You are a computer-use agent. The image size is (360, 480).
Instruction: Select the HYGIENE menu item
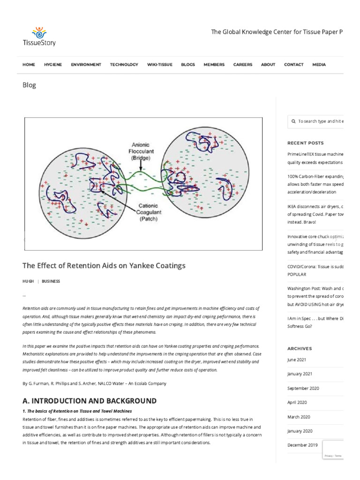tap(52, 65)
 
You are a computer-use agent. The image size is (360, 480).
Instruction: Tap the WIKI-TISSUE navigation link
tap(159, 65)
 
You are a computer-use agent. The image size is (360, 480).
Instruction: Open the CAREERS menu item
tap(242, 65)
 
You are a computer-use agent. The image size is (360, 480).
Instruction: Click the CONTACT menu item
tap(293, 65)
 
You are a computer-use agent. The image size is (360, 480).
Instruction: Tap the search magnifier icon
tap(293, 121)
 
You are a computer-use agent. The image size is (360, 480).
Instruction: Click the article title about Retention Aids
tap(104, 265)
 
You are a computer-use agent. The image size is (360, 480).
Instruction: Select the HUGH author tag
tap(28, 281)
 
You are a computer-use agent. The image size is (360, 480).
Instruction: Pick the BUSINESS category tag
tap(51, 281)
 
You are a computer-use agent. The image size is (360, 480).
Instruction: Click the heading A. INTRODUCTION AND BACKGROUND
tap(90, 401)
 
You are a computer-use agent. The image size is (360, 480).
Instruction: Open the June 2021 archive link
tap(296, 360)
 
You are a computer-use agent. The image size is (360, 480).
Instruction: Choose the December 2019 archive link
tap(302, 445)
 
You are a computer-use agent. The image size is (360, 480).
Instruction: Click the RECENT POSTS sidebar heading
tap(305, 143)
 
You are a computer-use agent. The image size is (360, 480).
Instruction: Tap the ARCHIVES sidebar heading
tap(300, 349)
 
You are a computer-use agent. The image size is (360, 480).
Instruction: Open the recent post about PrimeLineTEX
tap(315, 154)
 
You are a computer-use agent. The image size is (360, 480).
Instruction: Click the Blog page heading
tap(29, 85)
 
